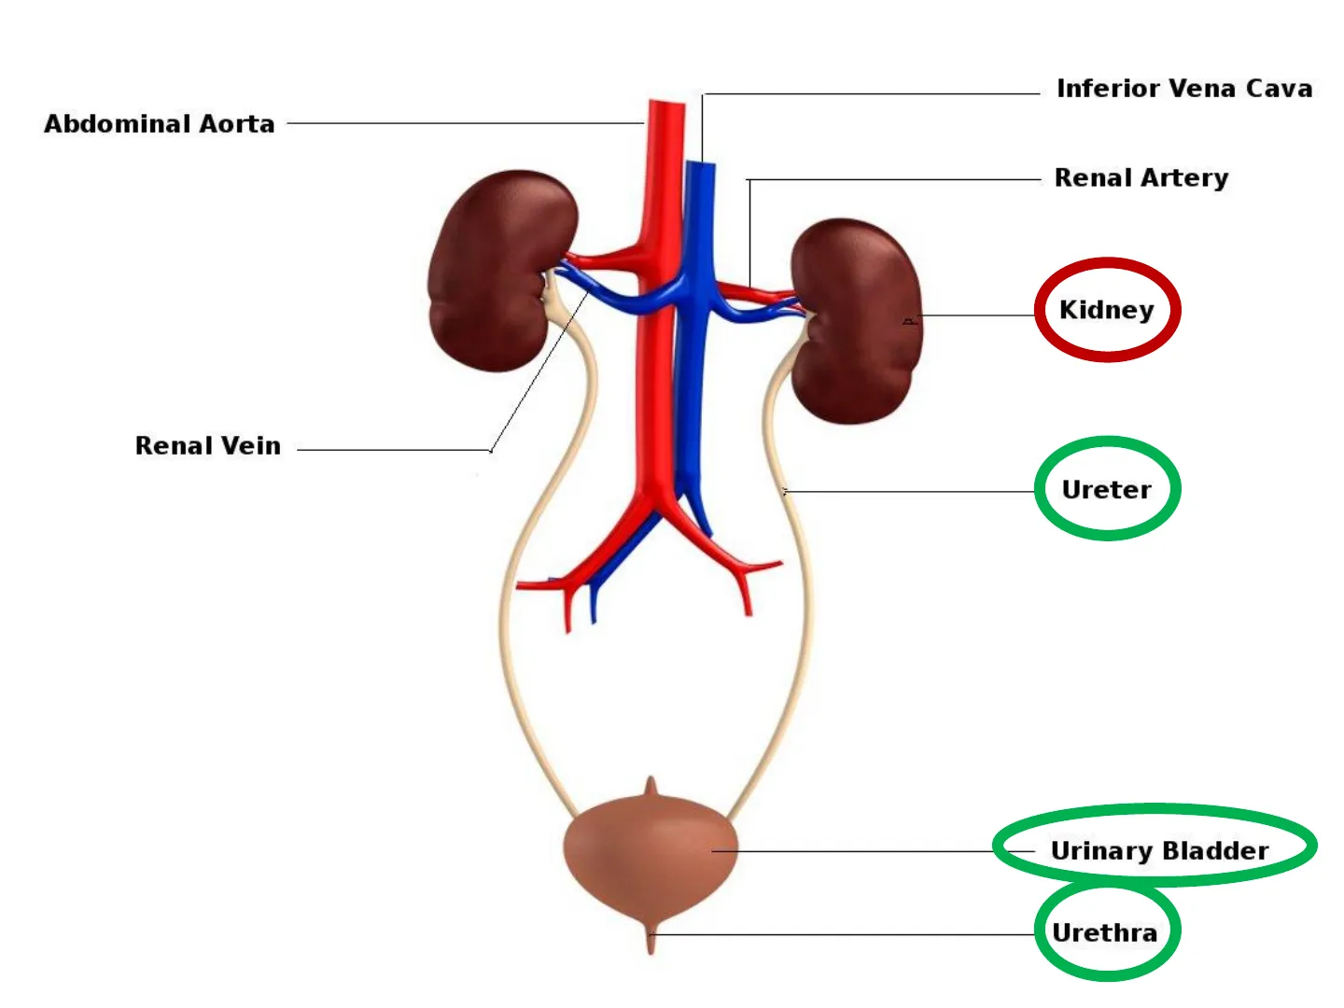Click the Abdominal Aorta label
click(x=160, y=124)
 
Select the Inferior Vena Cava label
click(x=1183, y=89)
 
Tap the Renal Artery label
click(x=1141, y=177)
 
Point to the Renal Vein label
click(x=207, y=446)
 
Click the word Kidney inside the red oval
click(x=1106, y=310)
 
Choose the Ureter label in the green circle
click(x=1106, y=489)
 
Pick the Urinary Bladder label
click(x=1159, y=850)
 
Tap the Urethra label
click(x=1104, y=932)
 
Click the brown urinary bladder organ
click(x=651, y=854)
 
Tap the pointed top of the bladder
click(x=651, y=787)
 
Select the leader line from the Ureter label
click(x=910, y=491)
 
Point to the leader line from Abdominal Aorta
click(x=467, y=123)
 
